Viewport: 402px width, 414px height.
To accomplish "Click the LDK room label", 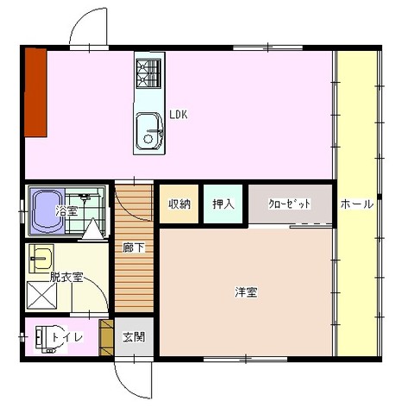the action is [178, 115].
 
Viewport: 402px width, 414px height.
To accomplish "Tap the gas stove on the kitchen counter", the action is [148, 73].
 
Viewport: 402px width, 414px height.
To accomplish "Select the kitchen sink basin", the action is [149, 131].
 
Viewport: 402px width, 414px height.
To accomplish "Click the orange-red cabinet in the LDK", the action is [35, 92].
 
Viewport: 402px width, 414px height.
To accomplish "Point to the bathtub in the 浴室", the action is [47, 210].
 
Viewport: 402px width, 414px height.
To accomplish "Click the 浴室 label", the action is [66, 211].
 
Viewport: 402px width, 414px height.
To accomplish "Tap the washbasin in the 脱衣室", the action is [41, 258].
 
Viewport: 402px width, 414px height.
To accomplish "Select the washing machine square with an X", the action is [42, 297].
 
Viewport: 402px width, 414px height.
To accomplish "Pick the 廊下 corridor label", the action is [134, 248].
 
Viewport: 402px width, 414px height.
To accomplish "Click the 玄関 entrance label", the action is [134, 337].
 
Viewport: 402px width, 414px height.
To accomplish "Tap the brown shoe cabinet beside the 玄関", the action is [107, 338].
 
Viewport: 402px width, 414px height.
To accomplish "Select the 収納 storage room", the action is [179, 204].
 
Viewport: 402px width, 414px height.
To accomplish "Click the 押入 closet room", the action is [223, 204].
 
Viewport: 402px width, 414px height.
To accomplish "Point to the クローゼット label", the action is [290, 204].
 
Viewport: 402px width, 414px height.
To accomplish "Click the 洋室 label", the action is [246, 292].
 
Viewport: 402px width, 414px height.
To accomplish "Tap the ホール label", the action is [357, 204].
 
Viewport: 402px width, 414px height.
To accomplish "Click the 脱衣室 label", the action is [66, 278].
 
